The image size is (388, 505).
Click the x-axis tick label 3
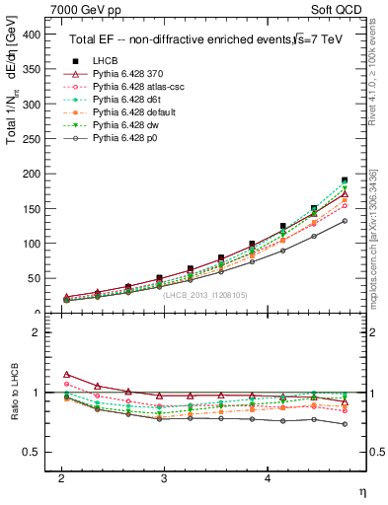[165, 477]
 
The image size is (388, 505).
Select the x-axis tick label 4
[269, 477]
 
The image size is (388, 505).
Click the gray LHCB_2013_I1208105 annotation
[205, 295]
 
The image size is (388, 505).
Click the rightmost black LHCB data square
[345, 180]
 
